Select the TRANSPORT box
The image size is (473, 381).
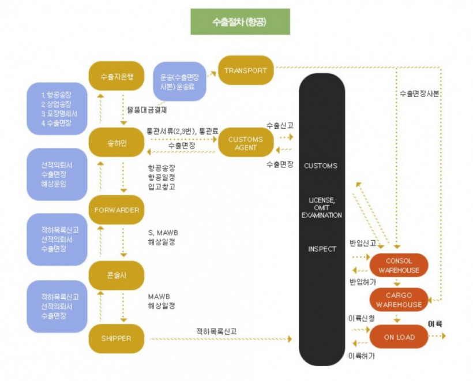pyautogui.click(x=245, y=70)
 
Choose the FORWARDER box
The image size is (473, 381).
pyautogui.click(x=117, y=210)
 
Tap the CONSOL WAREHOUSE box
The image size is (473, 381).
pyautogui.click(x=399, y=266)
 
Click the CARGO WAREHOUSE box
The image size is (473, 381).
pyautogui.click(x=399, y=300)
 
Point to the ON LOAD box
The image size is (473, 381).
pyautogui.click(x=399, y=337)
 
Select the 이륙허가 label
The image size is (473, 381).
pyautogui.click(x=362, y=356)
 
